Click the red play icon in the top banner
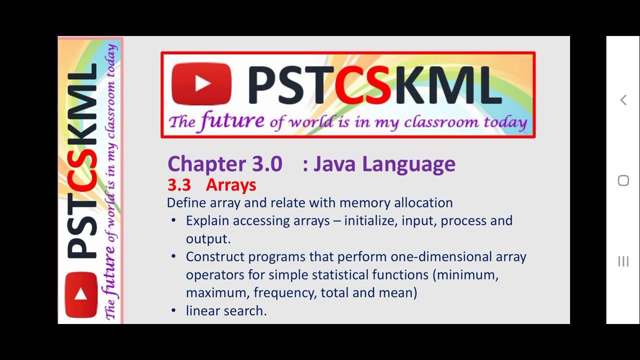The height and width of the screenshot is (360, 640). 201,84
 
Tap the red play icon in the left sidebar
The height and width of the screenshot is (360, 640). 81,294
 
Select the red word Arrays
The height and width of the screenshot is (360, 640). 231,185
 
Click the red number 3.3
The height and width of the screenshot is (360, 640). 179,185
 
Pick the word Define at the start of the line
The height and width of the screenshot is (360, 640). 186,202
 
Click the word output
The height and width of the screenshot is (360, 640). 207,238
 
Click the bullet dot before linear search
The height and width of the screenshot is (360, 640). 173,310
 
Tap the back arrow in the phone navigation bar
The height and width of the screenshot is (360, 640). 623,100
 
